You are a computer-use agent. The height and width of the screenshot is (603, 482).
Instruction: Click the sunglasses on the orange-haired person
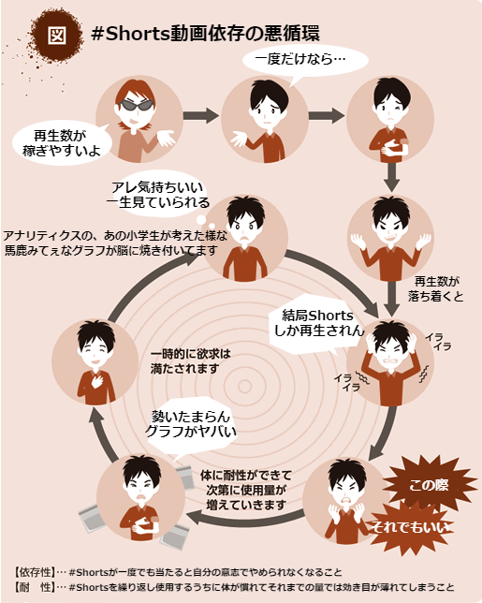(138, 104)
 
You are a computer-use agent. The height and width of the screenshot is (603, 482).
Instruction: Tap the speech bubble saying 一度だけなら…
(305, 60)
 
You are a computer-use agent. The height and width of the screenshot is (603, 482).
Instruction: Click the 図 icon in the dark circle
(57, 35)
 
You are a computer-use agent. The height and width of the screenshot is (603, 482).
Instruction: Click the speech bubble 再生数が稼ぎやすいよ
(62, 143)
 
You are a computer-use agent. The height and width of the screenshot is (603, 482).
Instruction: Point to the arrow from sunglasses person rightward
(200, 115)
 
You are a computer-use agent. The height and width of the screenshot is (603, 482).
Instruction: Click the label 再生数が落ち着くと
(435, 288)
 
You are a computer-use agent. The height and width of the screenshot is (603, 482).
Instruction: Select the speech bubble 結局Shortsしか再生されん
(316, 324)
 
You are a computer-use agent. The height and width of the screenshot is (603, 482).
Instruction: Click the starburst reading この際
(429, 484)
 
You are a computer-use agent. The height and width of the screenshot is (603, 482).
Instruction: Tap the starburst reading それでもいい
(409, 527)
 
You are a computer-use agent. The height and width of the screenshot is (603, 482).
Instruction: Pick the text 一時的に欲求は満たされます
(190, 360)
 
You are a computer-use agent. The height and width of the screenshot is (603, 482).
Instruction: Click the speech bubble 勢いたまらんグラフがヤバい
(191, 428)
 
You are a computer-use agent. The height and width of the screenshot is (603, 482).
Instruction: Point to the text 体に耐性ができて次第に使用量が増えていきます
(246, 490)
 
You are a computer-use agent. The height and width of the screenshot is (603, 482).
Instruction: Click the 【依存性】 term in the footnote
(35, 572)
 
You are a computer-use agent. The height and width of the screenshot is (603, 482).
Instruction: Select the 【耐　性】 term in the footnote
(35, 587)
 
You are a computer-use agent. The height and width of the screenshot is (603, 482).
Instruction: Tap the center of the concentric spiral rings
(244, 386)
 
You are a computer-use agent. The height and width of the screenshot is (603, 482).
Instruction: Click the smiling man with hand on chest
(95, 362)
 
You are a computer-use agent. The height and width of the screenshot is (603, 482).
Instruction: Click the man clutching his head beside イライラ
(390, 363)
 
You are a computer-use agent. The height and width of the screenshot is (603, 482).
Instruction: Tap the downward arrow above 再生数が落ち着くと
(391, 177)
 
